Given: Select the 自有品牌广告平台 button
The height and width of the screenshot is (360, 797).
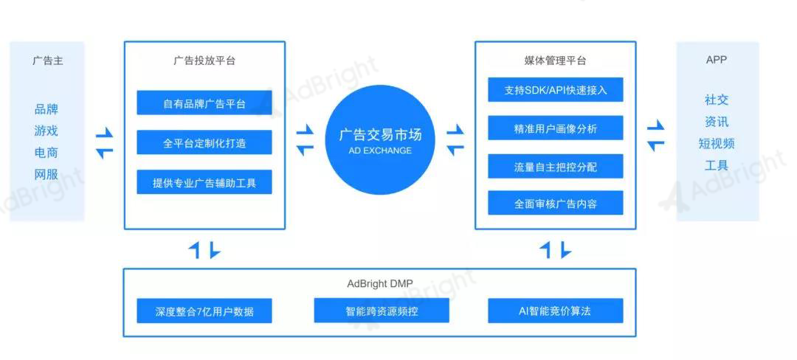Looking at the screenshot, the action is (204, 103).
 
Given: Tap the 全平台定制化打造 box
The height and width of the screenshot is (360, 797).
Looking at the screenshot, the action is (204, 142).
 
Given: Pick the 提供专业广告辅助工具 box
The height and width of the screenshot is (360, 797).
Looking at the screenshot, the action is (204, 182).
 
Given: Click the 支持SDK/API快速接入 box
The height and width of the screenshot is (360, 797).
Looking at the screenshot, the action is (556, 90).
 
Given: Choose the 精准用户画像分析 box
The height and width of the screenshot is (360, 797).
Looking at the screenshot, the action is (556, 128).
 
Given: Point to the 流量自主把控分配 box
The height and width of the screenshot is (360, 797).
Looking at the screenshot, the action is (556, 166).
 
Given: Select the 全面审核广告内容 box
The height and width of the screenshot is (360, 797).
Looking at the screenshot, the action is (556, 203).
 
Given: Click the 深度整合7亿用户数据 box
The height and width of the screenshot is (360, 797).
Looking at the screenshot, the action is (204, 311).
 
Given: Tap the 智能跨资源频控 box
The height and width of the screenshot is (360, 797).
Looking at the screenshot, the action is (382, 311).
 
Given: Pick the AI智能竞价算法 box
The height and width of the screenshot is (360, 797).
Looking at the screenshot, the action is (556, 311).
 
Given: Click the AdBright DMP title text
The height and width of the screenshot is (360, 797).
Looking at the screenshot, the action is (379, 283).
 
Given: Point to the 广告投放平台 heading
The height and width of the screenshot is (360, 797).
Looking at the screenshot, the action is (204, 61).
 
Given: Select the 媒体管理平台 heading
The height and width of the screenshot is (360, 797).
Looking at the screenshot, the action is (555, 61).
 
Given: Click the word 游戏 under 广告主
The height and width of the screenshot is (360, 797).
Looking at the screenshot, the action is (46, 131).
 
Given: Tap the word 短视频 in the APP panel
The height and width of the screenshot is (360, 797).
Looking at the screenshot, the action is (717, 144).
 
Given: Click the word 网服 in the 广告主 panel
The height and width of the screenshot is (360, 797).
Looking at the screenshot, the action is (46, 175).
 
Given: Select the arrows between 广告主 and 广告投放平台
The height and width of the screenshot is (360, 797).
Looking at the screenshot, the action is (104, 143).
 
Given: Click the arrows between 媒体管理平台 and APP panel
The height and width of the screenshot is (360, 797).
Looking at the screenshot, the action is (656, 136).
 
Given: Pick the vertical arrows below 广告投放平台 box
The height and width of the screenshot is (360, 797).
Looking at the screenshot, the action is (204, 250).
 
